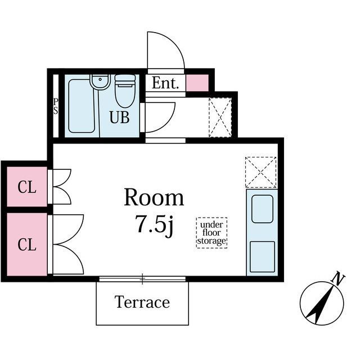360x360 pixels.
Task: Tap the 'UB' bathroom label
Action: click(x=119, y=117)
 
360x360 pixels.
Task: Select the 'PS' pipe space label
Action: click(x=56, y=106)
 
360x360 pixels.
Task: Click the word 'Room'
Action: click(x=154, y=197)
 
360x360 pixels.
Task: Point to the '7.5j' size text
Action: click(x=154, y=224)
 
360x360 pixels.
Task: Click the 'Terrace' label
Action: click(x=142, y=302)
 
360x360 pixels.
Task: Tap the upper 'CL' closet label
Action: click(x=27, y=187)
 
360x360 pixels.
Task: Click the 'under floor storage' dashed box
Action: click(x=211, y=233)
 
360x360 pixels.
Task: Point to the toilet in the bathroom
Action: click(x=125, y=91)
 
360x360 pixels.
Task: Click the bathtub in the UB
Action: click(x=82, y=106)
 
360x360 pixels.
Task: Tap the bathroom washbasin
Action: click(x=100, y=82)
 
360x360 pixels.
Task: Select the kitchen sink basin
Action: click(x=262, y=209)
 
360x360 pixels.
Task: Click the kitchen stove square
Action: click(x=262, y=256)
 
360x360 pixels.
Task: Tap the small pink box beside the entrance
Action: click(x=197, y=83)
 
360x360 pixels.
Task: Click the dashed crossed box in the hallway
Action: click(x=220, y=118)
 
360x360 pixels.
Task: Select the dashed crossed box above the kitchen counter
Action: click(x=261, y=172)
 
